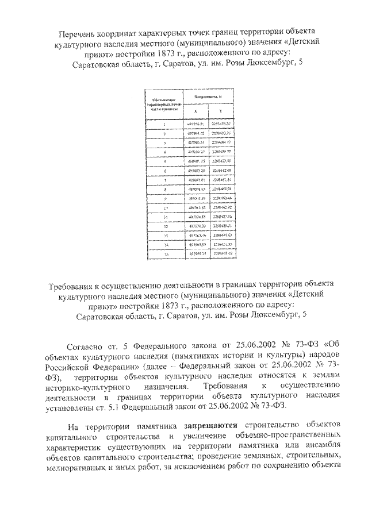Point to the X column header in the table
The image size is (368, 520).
(x=194, y=112)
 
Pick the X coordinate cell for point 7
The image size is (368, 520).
(x=194, y=180)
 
